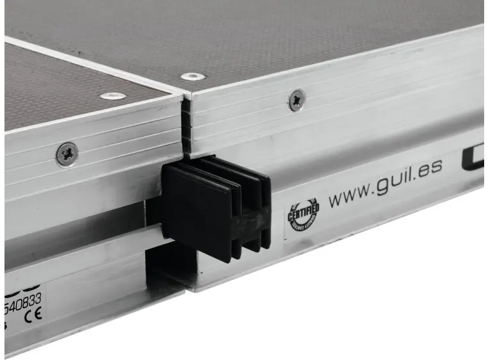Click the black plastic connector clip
pyautogui.click(x=215, y=208)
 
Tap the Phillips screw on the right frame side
pyautogui.click(x=297, y=100)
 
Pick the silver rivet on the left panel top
pyautogui.click(x=113, y=96)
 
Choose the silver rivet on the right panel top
pyautogui.click(x=193, y=76)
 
